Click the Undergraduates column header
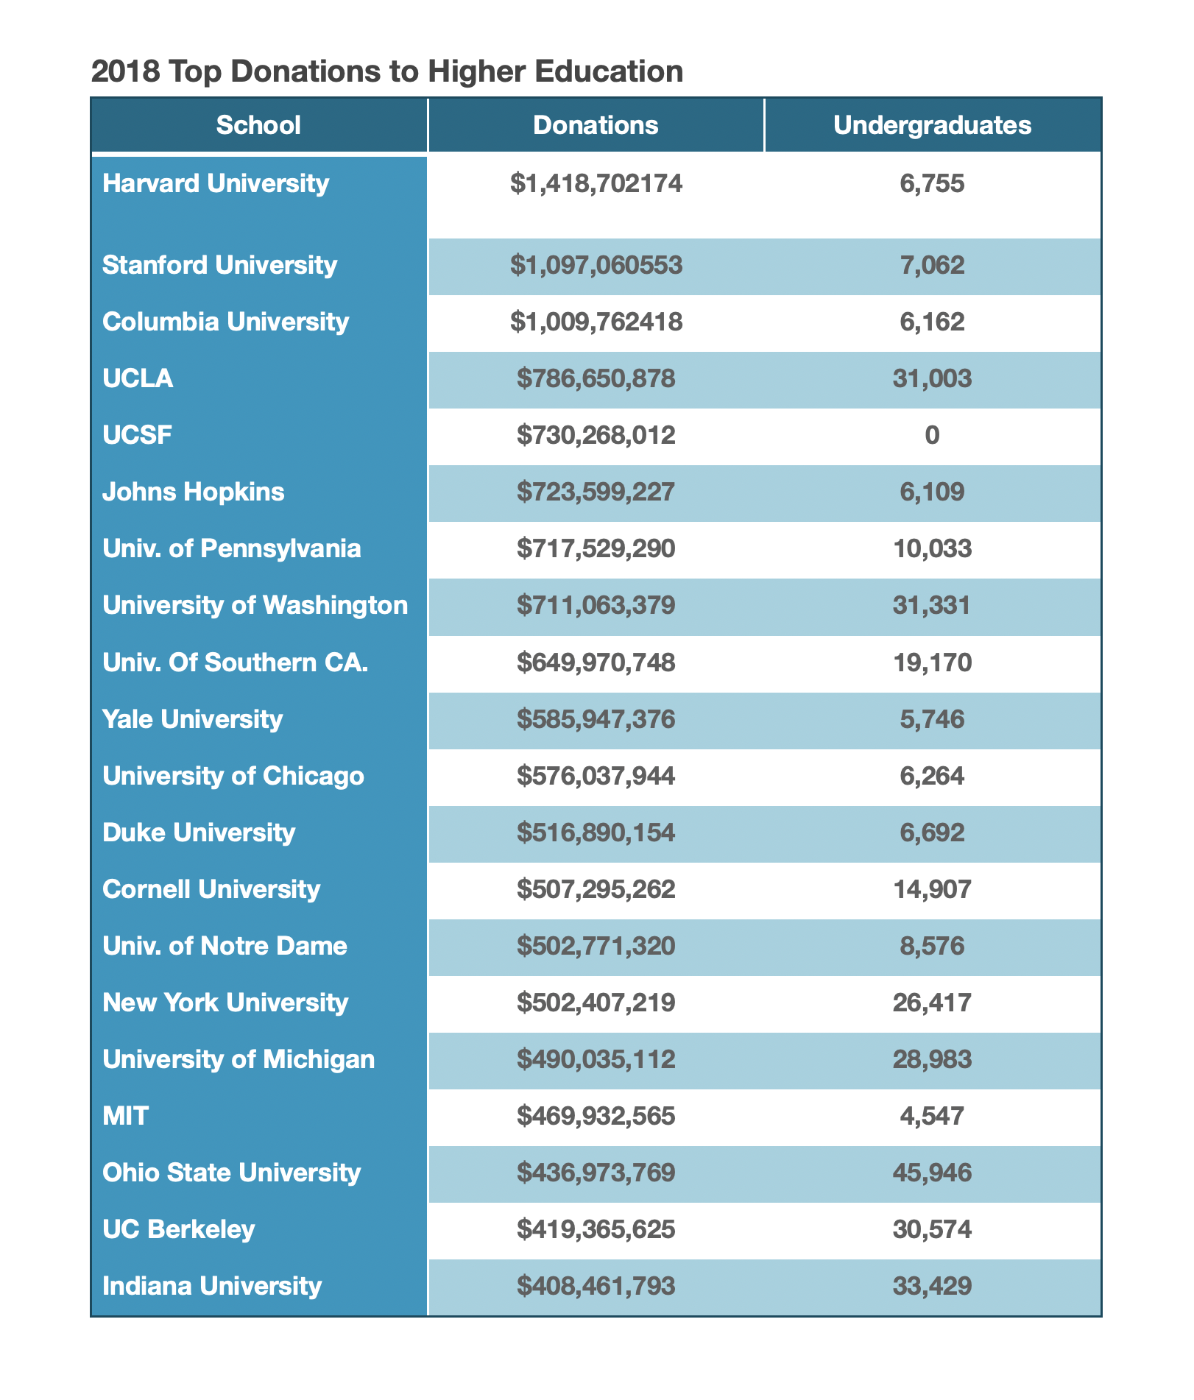(x=932, y=125)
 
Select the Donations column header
(x=596, y=125)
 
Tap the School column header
(x=258, y=125)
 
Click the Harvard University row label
(x=216, y=183)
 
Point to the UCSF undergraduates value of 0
(x=932, y=435)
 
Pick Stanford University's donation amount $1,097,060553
(x=596, y=265)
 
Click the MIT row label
(x=126, y=1116)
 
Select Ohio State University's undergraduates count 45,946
(x=932, y=1173)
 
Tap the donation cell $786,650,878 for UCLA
(x=596, y=378)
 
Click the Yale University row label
(x=192, y=719)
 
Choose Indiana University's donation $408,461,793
(x=596, y=1286)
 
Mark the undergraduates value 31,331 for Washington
(x=932, y=606)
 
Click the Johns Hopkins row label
(x=193, y=492)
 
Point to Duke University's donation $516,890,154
(x=596, y=832)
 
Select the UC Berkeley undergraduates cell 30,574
(x=932, y=1229)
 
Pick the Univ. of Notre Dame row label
(x=225, y=946)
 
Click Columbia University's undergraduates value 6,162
(x=932, y=322)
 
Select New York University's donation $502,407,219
(x=596, y=1003)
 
